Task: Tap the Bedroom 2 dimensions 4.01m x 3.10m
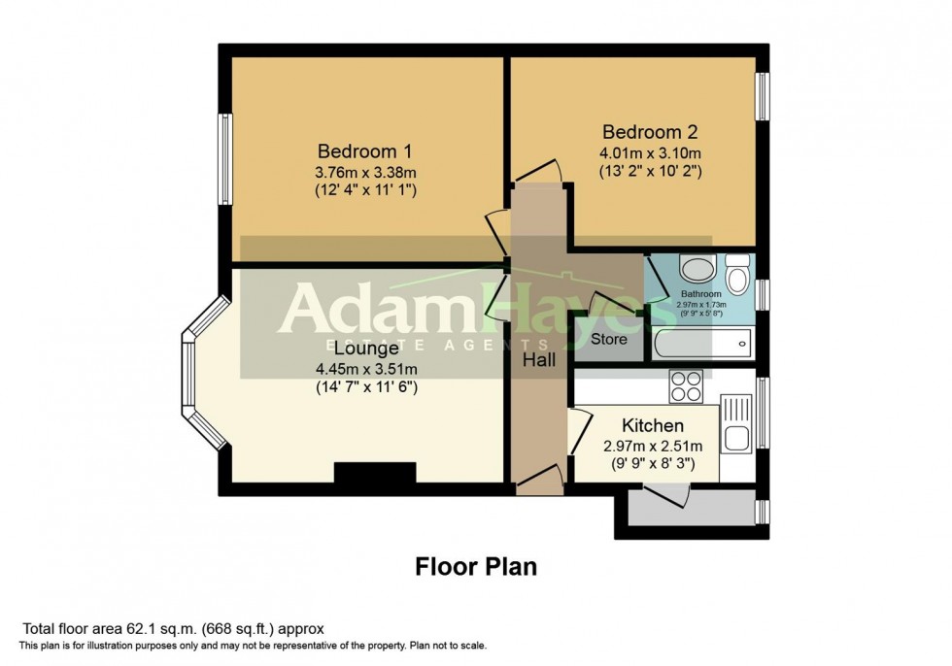(x=651, y=152)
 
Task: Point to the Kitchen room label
(x=653, y=425)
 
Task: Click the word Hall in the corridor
(x=539, y=360)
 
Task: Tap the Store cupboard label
(x=609, y=340)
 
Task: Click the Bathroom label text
(x=700, y=293)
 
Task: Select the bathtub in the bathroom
(x=702, y=342)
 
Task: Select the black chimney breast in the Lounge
(x=375, y=472)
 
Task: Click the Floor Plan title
(x=476, y=566)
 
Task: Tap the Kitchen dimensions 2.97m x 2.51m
(x=653, y=446)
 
